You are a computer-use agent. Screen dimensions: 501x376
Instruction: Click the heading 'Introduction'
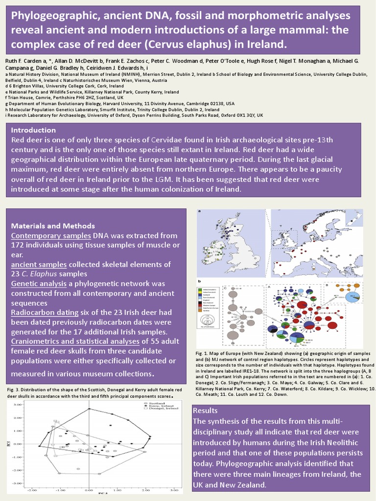(x=33, y=130)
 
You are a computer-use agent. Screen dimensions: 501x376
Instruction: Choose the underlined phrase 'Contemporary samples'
(x=51, y=235)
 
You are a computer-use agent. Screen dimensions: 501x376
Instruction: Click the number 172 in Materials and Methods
(x=18, y=245)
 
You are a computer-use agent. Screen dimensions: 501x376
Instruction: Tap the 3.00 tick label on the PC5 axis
(x=18, y=405)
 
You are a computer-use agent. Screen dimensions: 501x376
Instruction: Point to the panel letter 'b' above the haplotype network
(x=199, y=281)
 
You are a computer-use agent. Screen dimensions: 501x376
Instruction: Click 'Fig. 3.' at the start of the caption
(x=14, y=389)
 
